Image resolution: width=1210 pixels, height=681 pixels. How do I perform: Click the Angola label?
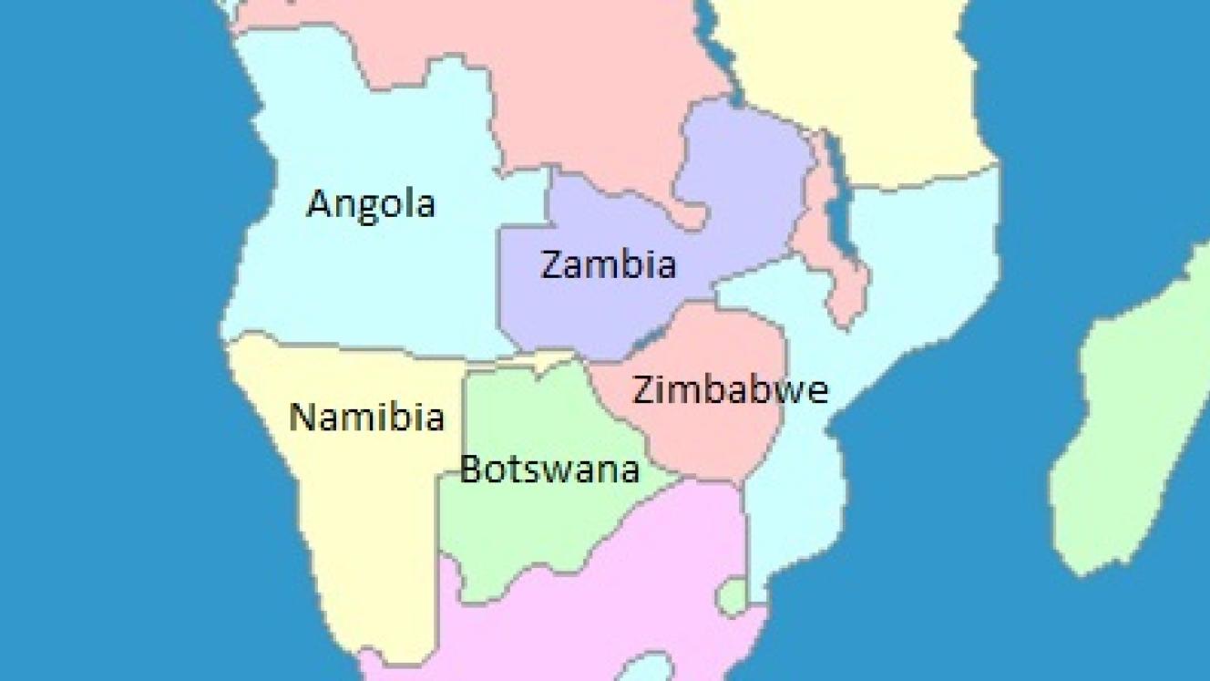click(x=371, y=204)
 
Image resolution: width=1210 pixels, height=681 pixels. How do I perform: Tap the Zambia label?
click(x=609, y=264)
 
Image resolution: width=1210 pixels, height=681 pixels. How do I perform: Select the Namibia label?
click(x=366, y=418)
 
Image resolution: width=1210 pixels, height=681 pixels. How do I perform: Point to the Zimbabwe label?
click(x=730, y=389)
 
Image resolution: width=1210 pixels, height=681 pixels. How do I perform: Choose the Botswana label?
click(x=549, y=469)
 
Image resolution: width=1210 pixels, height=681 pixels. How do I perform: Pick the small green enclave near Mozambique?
click(x=731, y=597)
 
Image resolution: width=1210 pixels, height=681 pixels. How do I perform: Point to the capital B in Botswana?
click(x=470, y=469)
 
